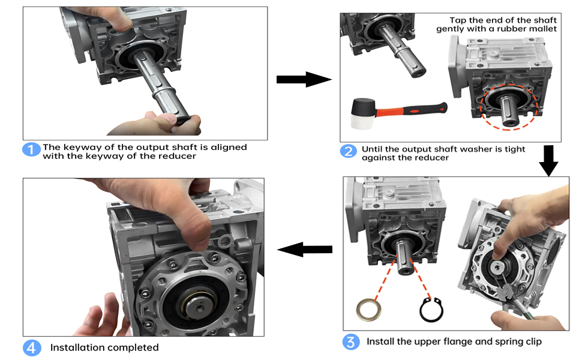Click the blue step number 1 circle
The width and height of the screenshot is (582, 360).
pos(32,149)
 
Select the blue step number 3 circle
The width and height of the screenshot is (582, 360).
pos(351,342)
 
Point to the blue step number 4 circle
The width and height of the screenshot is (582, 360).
pos(32,347)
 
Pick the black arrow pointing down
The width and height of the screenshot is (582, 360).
pos(548,160)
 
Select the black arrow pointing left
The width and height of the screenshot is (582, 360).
pos(305,250)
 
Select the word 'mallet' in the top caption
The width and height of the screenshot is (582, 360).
pos(542,28)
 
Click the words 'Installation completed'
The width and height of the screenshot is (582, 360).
pos(104,347)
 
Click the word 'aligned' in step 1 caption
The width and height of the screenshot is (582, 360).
pos(229,147)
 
